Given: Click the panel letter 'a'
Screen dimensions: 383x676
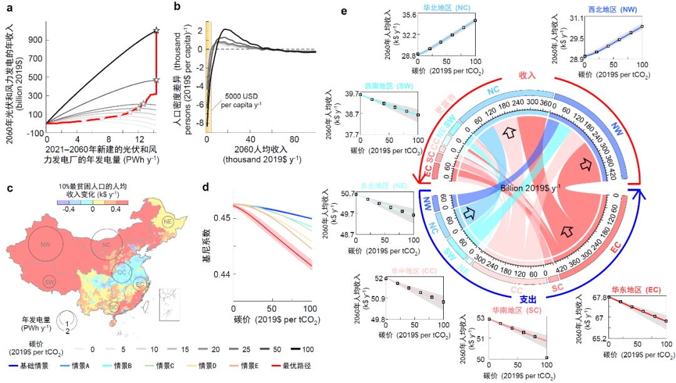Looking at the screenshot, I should click(9, 8).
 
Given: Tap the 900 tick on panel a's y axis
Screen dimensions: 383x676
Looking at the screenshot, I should click(36, 39).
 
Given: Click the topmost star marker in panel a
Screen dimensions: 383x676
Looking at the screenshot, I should click(156, 30).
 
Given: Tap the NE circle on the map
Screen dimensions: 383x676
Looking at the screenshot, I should click(168, 222).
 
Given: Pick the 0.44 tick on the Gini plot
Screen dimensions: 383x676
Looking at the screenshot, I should click(222, 274).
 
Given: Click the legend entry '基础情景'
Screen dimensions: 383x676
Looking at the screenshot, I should click(29, 365).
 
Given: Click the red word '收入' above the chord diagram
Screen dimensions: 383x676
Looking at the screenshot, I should click(528, 74).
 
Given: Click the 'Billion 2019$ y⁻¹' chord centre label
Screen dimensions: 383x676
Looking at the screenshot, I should click(530, 187).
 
